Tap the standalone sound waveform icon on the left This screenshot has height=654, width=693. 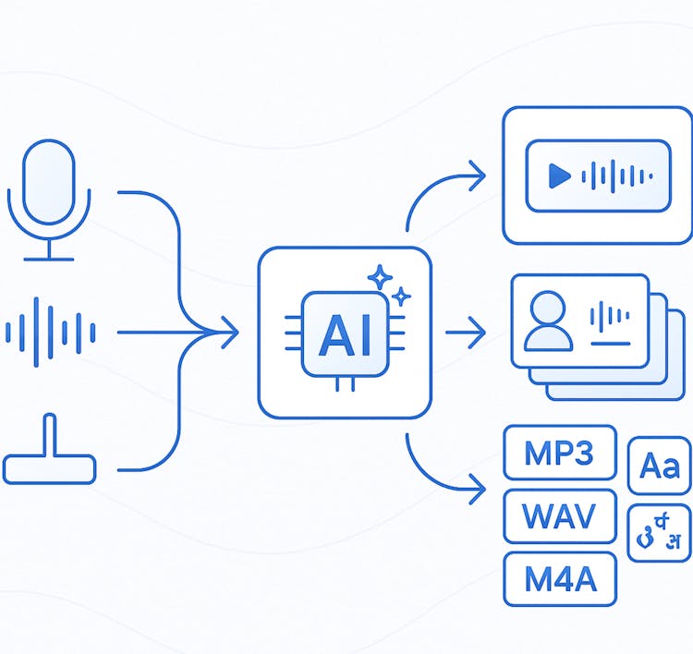click(51, 331)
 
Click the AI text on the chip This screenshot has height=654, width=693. click(345, 338)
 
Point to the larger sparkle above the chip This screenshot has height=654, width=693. click(380, 277)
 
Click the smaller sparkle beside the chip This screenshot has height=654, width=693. click(401, 297)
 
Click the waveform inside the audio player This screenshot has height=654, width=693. click(617, 176)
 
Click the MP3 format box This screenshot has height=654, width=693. click(560, 454)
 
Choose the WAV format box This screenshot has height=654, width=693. click(560, 515)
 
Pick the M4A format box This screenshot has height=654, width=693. click(560, 579)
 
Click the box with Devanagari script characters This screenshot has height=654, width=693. click(659, 533)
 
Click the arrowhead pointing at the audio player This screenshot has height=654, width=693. click(478, 175)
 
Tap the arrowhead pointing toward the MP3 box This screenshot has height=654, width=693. click(478, 487)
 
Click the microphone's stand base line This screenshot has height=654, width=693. click(49, 259)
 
